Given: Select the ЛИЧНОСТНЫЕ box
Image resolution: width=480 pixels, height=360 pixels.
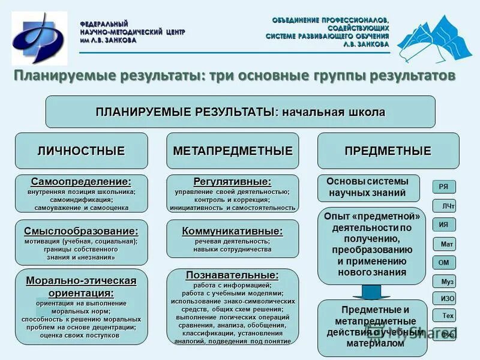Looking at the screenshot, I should tap(81, 151).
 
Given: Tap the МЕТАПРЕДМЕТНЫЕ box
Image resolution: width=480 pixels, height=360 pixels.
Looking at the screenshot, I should tap(232, 151).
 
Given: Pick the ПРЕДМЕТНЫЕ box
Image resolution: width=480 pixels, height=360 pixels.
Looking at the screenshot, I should tap(388, 151).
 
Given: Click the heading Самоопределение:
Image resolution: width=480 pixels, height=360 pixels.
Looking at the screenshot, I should tap(81, 181).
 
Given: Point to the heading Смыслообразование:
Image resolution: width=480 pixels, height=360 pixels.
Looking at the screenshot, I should tap(81, 230).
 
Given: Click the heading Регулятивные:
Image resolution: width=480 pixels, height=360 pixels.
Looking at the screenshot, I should tap(232, 181).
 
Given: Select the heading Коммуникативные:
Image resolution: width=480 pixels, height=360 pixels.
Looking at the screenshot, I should tap(232, 230).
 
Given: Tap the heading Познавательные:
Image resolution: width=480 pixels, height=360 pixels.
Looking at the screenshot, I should tap(232, 275).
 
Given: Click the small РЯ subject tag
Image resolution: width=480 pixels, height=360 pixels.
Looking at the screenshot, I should tap(444, 187).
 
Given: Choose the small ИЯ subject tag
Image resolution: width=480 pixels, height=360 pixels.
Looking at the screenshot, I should tap(444, 225).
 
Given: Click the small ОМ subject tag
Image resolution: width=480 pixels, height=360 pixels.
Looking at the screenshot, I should tap(444, 263).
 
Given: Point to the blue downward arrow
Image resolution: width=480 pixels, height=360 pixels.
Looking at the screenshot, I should tap(367, 292).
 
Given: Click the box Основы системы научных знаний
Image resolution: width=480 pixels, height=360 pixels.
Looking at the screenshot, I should tap(367, 187).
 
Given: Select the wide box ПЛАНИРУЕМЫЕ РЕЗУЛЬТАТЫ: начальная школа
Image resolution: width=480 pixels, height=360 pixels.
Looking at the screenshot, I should tap(240, 112).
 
